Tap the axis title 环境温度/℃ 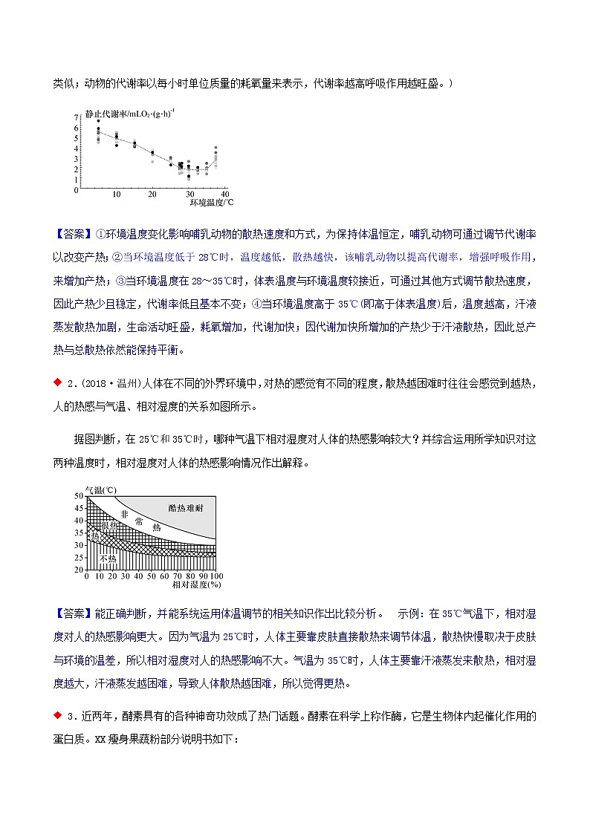coord(211,202)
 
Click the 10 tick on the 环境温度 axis coord(116,195)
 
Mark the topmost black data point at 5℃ coord(98,121)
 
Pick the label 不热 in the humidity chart coord(108,558)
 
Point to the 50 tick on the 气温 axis coord(79,495)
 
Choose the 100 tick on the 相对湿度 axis coord(216,576)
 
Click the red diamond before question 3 coord(58,715)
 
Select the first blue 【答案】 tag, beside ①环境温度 coord(74,235)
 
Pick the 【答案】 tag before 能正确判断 coord(74,613)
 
